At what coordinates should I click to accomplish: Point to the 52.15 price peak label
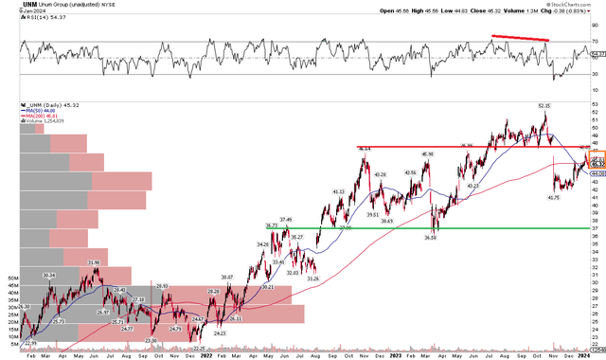[544, 106]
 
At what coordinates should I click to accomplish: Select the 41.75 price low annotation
[528, 197]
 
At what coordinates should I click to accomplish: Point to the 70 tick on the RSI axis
[594, 43]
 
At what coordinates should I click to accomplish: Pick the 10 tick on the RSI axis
[594, 90]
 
